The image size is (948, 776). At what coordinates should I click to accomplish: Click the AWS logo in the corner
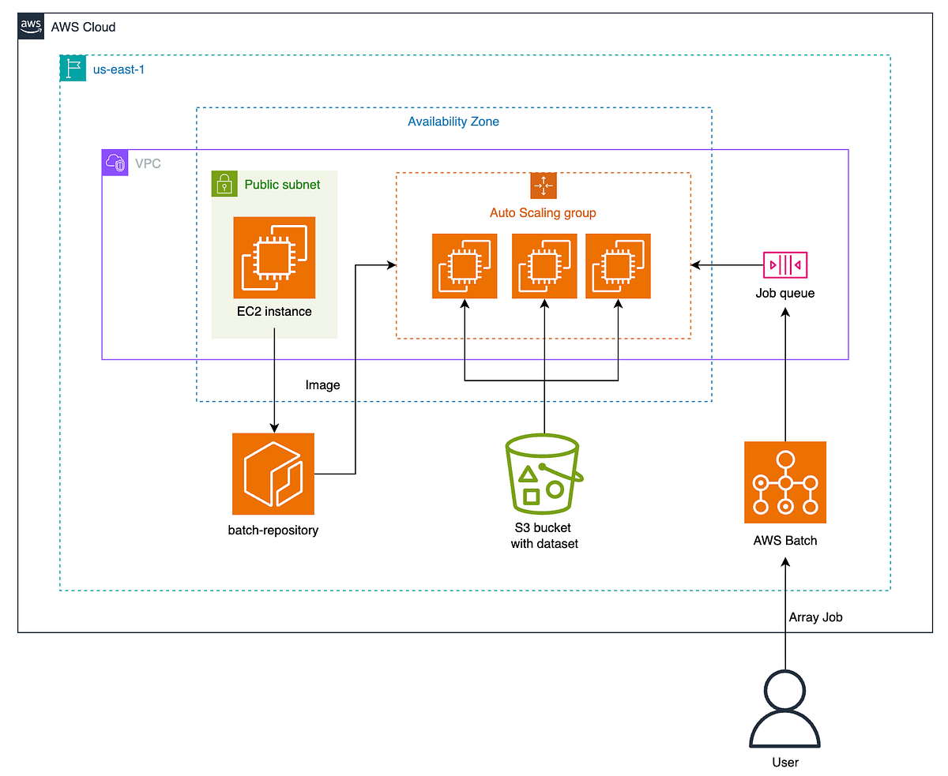point(31,26)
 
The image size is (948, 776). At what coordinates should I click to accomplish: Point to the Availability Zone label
point(453,122)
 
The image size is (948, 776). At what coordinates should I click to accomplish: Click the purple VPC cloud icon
point(115,163)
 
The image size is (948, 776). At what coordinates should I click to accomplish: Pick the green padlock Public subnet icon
point(224,184)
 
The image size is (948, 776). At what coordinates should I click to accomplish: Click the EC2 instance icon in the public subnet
point(274,257)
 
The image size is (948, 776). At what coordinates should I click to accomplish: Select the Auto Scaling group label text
point(543,212)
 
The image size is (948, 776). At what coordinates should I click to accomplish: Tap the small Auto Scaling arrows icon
point(544,186)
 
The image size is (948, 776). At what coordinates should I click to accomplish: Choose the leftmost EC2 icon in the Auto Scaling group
point(465,266)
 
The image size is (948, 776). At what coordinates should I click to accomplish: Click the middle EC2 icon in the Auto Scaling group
point(544,266)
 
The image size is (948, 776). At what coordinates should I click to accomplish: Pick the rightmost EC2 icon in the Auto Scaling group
point(618,266)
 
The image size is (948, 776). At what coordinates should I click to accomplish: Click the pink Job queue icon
point(785,265)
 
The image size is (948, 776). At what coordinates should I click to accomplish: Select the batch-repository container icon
point(273,474)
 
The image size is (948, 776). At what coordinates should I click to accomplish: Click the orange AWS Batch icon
point(785,482)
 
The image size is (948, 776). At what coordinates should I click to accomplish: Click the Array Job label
point(815,617)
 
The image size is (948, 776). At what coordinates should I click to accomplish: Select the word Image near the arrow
point(322,385)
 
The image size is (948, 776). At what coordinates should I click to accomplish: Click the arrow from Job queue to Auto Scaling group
point(727,265)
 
